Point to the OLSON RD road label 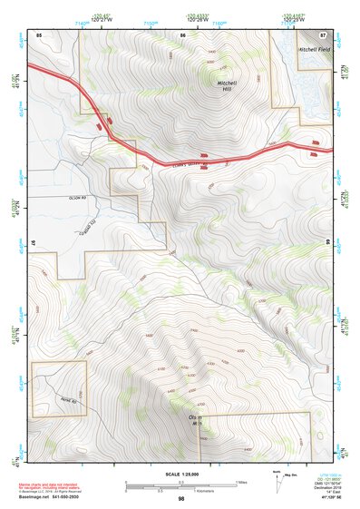tap(75, 197)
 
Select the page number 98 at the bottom tap(181, 499)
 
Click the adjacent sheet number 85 tap(39, 34)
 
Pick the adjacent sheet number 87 tap(324, 34)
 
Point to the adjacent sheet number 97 tap(34, 245)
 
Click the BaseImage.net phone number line tap(52, 499)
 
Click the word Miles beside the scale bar tap(239, 481)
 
